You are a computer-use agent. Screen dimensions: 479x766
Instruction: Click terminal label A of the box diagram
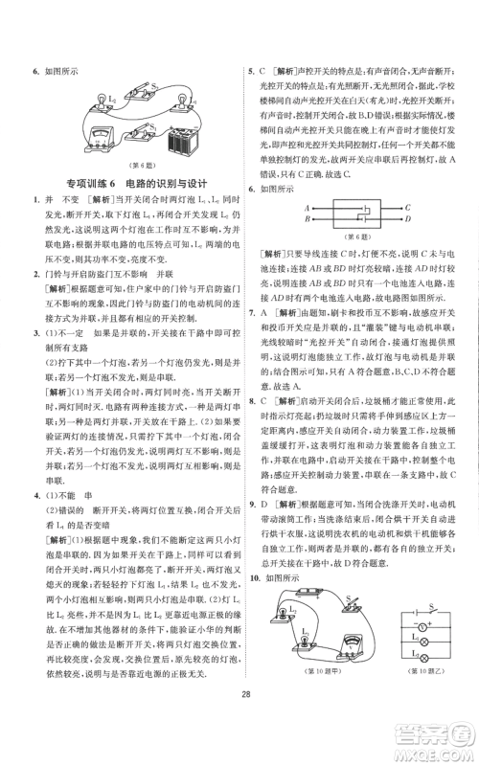[307, 208]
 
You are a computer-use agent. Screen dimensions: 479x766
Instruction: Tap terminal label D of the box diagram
[408, 219]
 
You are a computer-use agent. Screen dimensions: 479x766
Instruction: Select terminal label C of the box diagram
[408, 208]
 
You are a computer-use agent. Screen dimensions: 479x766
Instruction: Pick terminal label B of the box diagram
[307, 219]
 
